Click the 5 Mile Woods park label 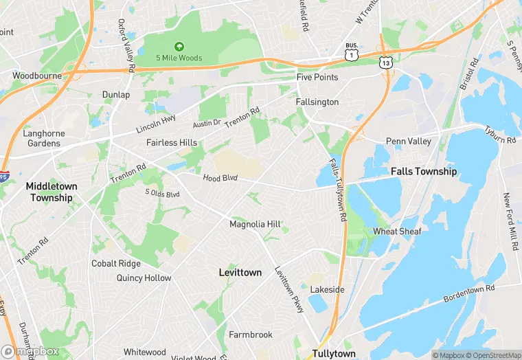click(x=179, y=58)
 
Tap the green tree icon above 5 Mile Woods click(x=179, y=47)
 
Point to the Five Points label click(x=317, y=77)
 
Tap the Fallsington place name click(x=317, y=102)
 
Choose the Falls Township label click(x=423, y=171)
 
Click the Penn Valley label click(x=408, y=142)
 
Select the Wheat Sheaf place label click(x=397, y=232)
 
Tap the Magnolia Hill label click(x=255, y=224)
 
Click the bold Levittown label click(x=240, y=272)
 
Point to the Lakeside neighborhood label click(x=327, y=289)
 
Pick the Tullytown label click(x=334, y=353)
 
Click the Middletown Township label click(x=52, y=192)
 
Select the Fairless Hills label click(x=172, y=142)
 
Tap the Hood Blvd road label click(x=220, y=178)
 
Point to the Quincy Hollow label click(x=144, y=278)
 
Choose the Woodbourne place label click(x=36, y=75)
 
